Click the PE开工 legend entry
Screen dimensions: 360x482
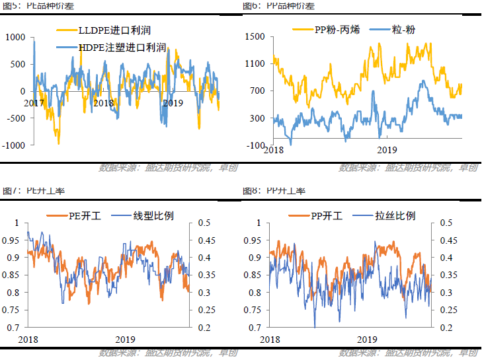[x=81, y=215]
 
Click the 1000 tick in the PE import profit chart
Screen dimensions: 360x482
[x=15, y=37]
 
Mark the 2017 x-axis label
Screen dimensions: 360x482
[x=34, y=104]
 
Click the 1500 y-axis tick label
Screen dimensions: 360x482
[x=254, y=37]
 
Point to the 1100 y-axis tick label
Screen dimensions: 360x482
[x=254, y=64]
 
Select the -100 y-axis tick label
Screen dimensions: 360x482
[x=255, y=145]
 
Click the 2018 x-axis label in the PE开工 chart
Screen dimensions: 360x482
[x=28, y=340]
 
